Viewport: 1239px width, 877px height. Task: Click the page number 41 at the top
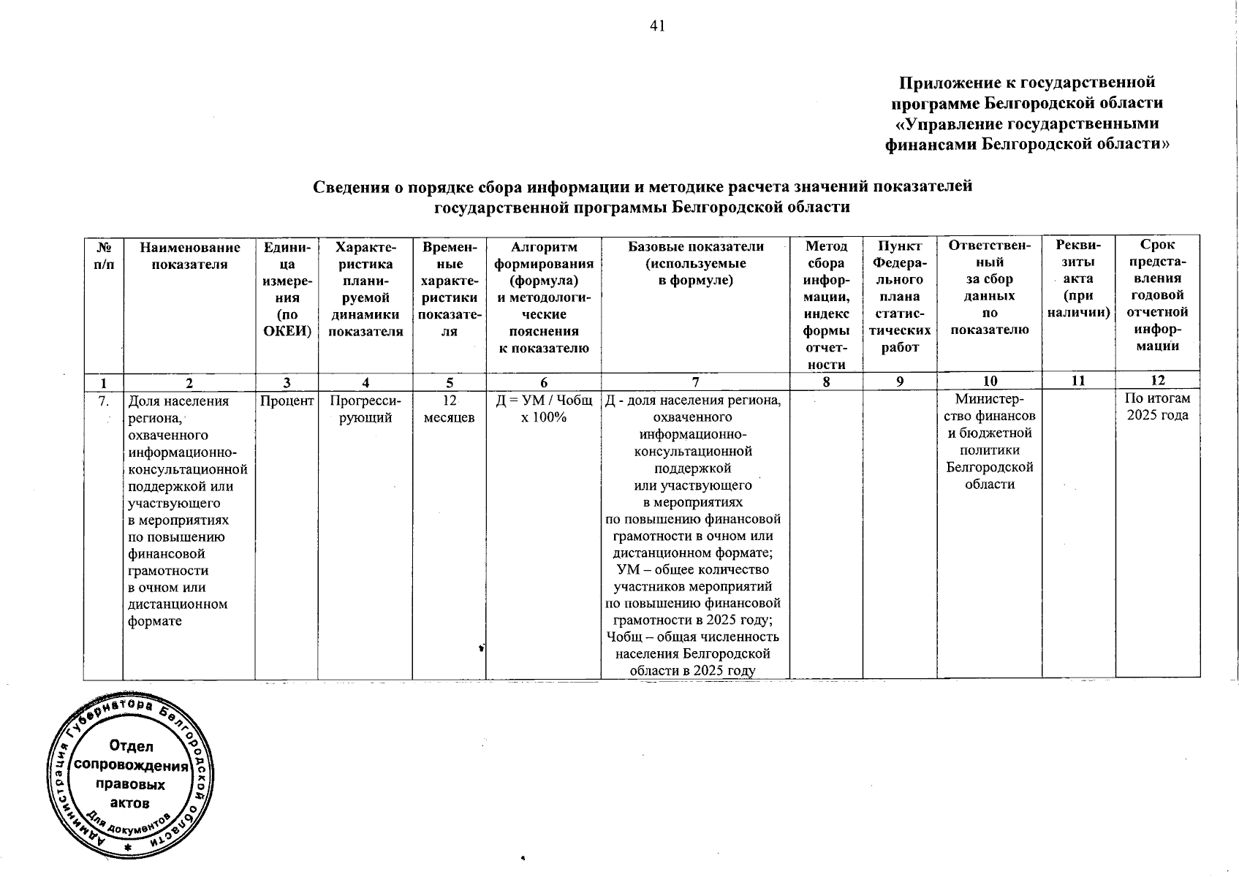tap(657, 26)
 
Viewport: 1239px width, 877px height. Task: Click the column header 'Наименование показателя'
tap(189, 256)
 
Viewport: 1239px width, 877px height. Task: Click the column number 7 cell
tap(695, 381)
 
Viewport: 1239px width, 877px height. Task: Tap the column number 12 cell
tap(1158, 380)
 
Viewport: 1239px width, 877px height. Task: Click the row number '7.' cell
tap(104, 400)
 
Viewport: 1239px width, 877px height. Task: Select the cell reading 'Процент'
tap(287, 400)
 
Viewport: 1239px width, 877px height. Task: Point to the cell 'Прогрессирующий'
tap(365, 409)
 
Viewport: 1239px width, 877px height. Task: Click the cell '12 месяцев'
tap(450, 409)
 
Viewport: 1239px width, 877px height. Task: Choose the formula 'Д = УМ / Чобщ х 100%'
tap(544, 409)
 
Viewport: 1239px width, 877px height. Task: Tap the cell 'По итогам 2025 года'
tap(1158, 407)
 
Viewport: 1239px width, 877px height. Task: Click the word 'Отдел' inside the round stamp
tap(132, 746)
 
